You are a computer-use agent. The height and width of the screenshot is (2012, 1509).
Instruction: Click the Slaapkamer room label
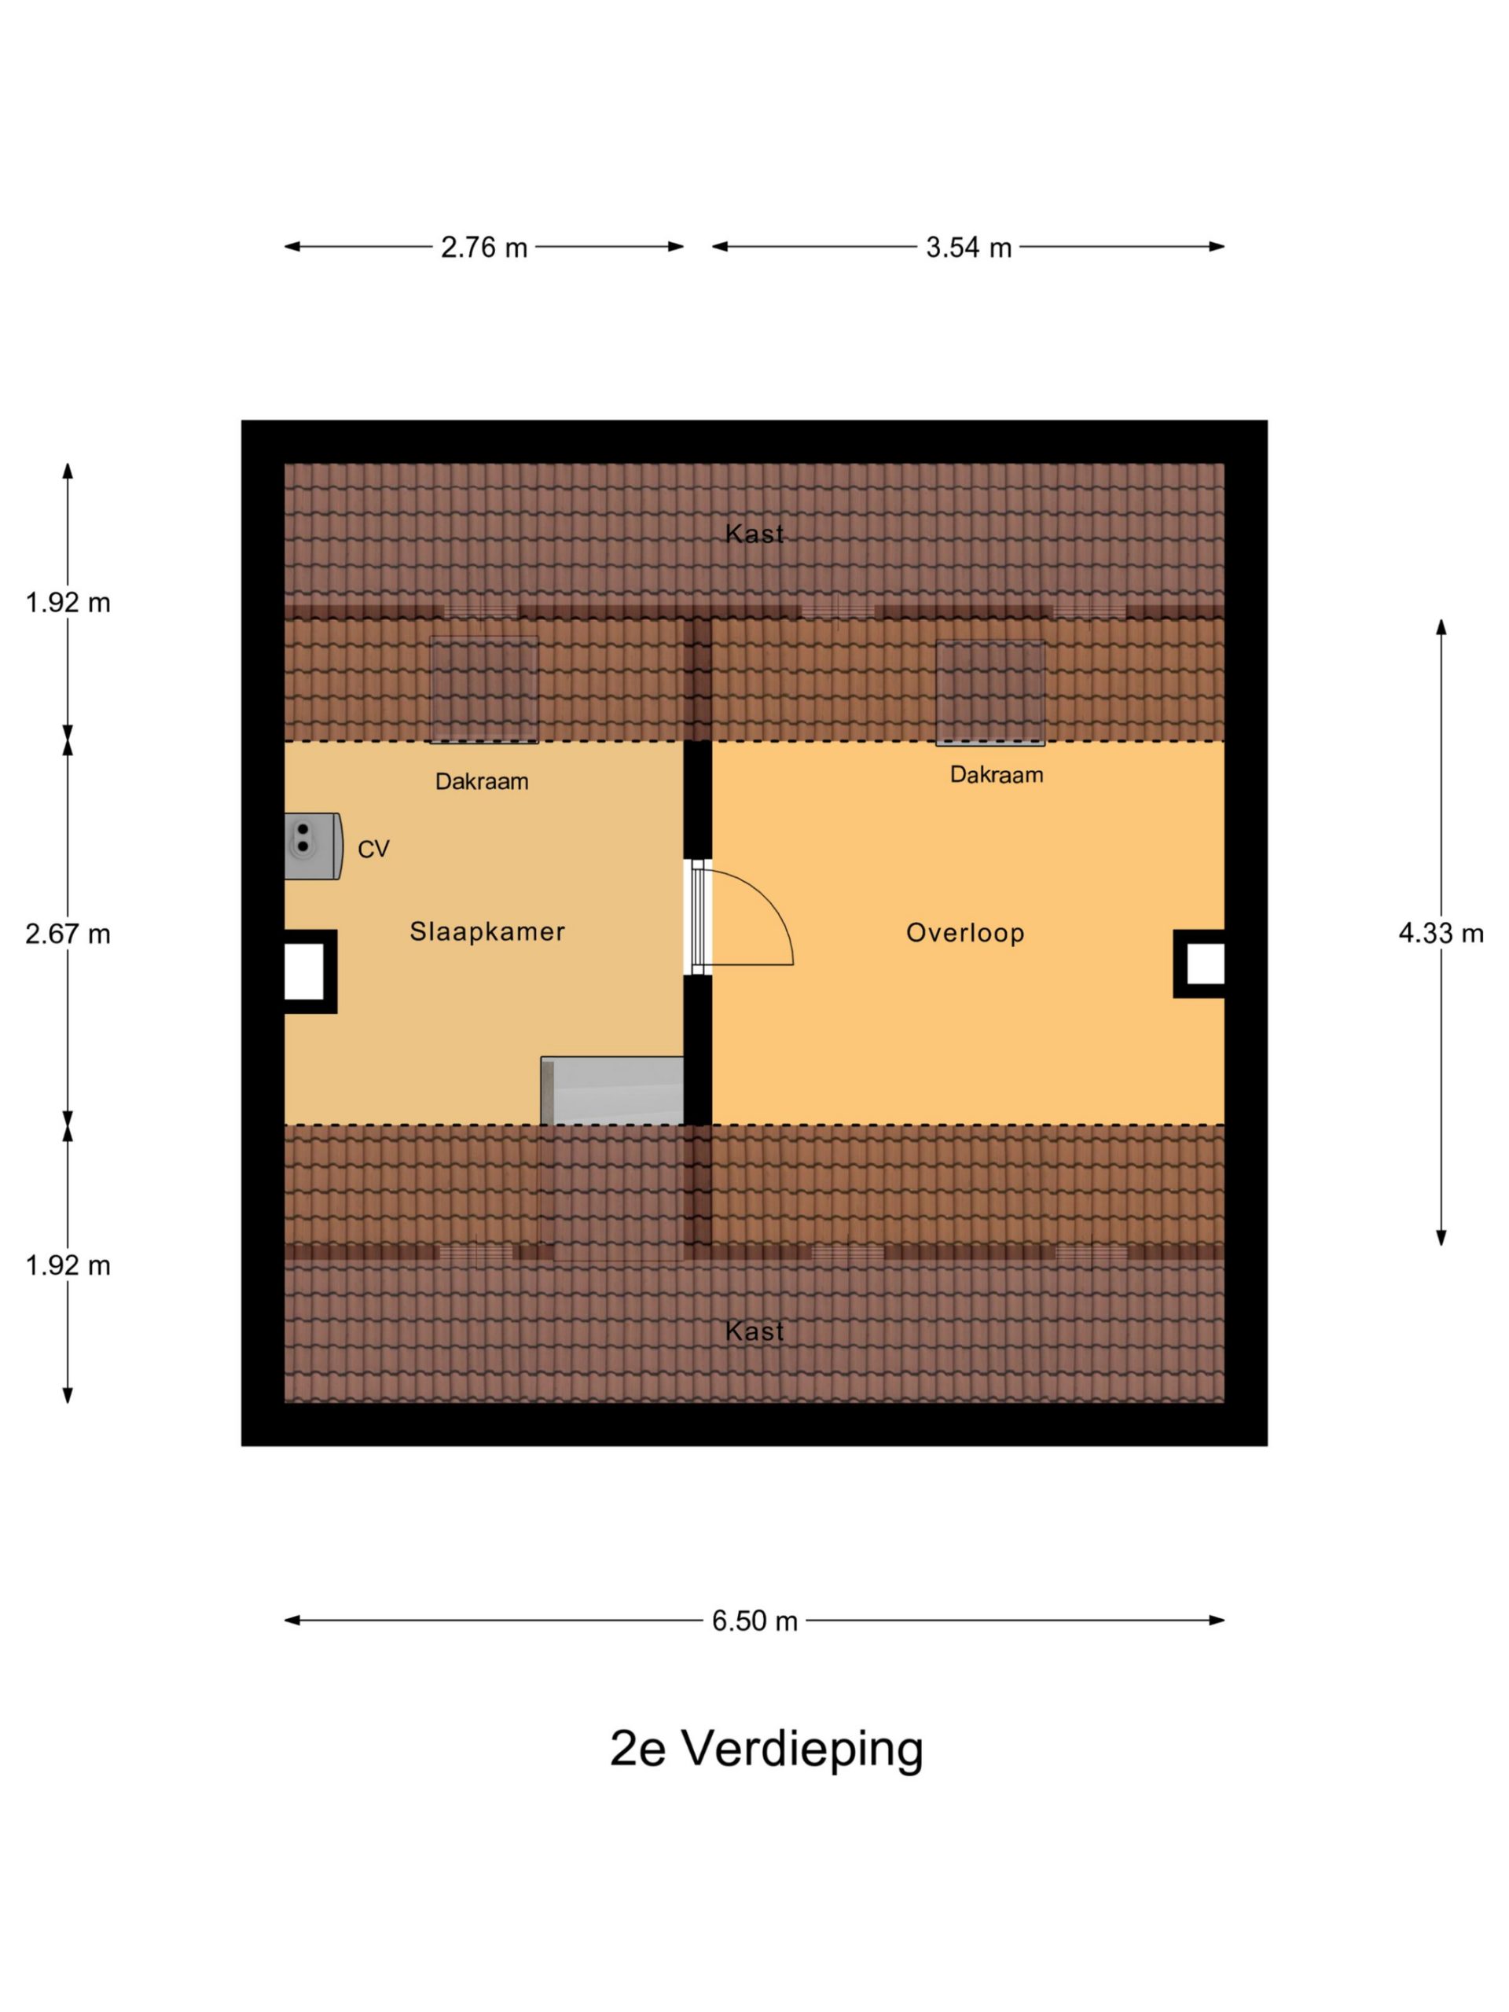click(486, 931)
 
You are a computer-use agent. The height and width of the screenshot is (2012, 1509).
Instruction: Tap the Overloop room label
click(965, 933)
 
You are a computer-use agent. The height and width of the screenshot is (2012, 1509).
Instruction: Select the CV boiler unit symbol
click(313, 846)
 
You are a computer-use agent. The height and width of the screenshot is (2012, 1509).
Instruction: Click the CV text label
click(373, 849)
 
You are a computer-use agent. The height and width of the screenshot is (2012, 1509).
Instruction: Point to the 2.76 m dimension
click(484, 248)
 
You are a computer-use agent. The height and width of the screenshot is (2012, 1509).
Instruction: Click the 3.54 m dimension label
click(969, 248)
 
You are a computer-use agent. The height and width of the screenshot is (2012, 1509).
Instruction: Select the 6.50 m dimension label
click(754, 1621)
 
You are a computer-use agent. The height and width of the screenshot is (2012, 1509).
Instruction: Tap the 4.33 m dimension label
click(1441, 933)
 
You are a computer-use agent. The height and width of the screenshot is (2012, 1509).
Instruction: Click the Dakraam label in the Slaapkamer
click(481, 781)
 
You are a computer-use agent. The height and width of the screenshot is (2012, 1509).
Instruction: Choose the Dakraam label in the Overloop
click(996, 775)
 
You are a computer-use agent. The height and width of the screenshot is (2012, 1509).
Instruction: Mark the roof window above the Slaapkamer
click(484, 689)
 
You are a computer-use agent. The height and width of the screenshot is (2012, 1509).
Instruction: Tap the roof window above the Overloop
click(990, 693)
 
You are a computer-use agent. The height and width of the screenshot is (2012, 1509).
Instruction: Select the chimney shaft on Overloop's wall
click(1199, 964)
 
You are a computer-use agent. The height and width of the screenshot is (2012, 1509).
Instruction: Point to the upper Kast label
click(754, 534)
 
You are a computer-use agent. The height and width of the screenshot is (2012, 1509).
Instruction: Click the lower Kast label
click(754, 1331)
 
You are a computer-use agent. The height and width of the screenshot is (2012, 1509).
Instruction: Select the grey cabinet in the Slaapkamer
click(612, 1091)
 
